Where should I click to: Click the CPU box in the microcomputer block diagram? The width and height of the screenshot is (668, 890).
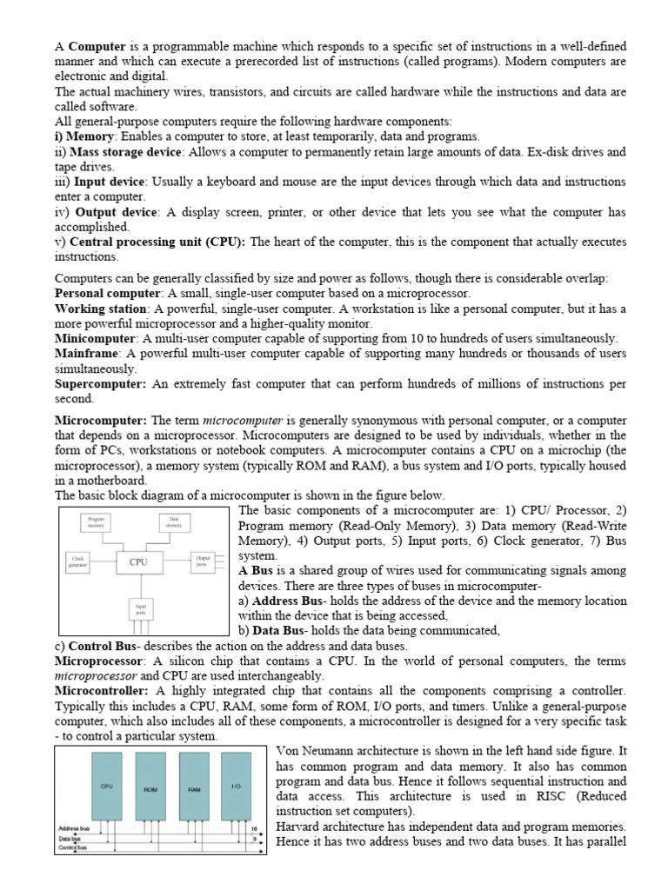point(138,561)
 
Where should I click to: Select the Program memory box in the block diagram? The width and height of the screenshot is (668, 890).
point(97,521)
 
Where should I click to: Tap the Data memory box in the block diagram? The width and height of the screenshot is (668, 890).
point(175,521)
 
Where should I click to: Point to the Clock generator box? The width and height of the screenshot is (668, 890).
point(78,561)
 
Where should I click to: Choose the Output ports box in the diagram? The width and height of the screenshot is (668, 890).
point(204,561)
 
